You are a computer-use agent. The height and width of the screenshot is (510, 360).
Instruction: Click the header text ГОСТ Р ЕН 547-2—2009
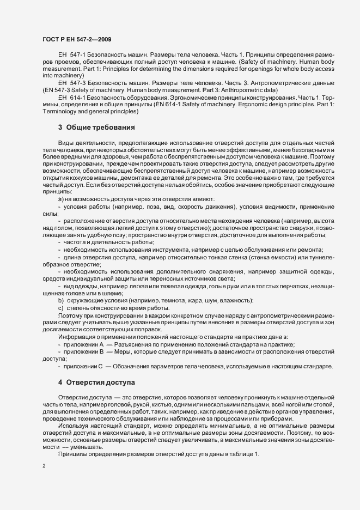(77, 40)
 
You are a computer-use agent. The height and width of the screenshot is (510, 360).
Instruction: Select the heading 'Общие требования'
(100, 127)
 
